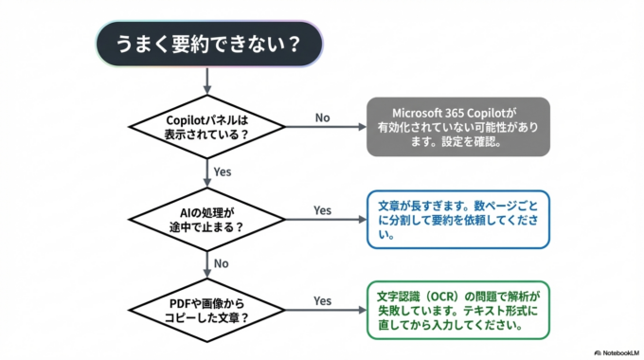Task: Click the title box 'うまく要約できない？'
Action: (x=206, y=44)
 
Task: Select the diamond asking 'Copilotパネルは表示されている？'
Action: (x=206, y=126)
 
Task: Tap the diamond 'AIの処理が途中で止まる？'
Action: (x=206, y=219)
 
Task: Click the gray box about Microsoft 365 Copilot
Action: (x=458, y=126)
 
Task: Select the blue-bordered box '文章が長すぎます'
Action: (x=458, y=219)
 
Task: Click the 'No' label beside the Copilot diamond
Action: (x=322, y=118)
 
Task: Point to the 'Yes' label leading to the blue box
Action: (x=322, y=210)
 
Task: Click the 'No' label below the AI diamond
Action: (x=222, y=264)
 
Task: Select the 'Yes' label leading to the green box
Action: (x=322, y=300)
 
